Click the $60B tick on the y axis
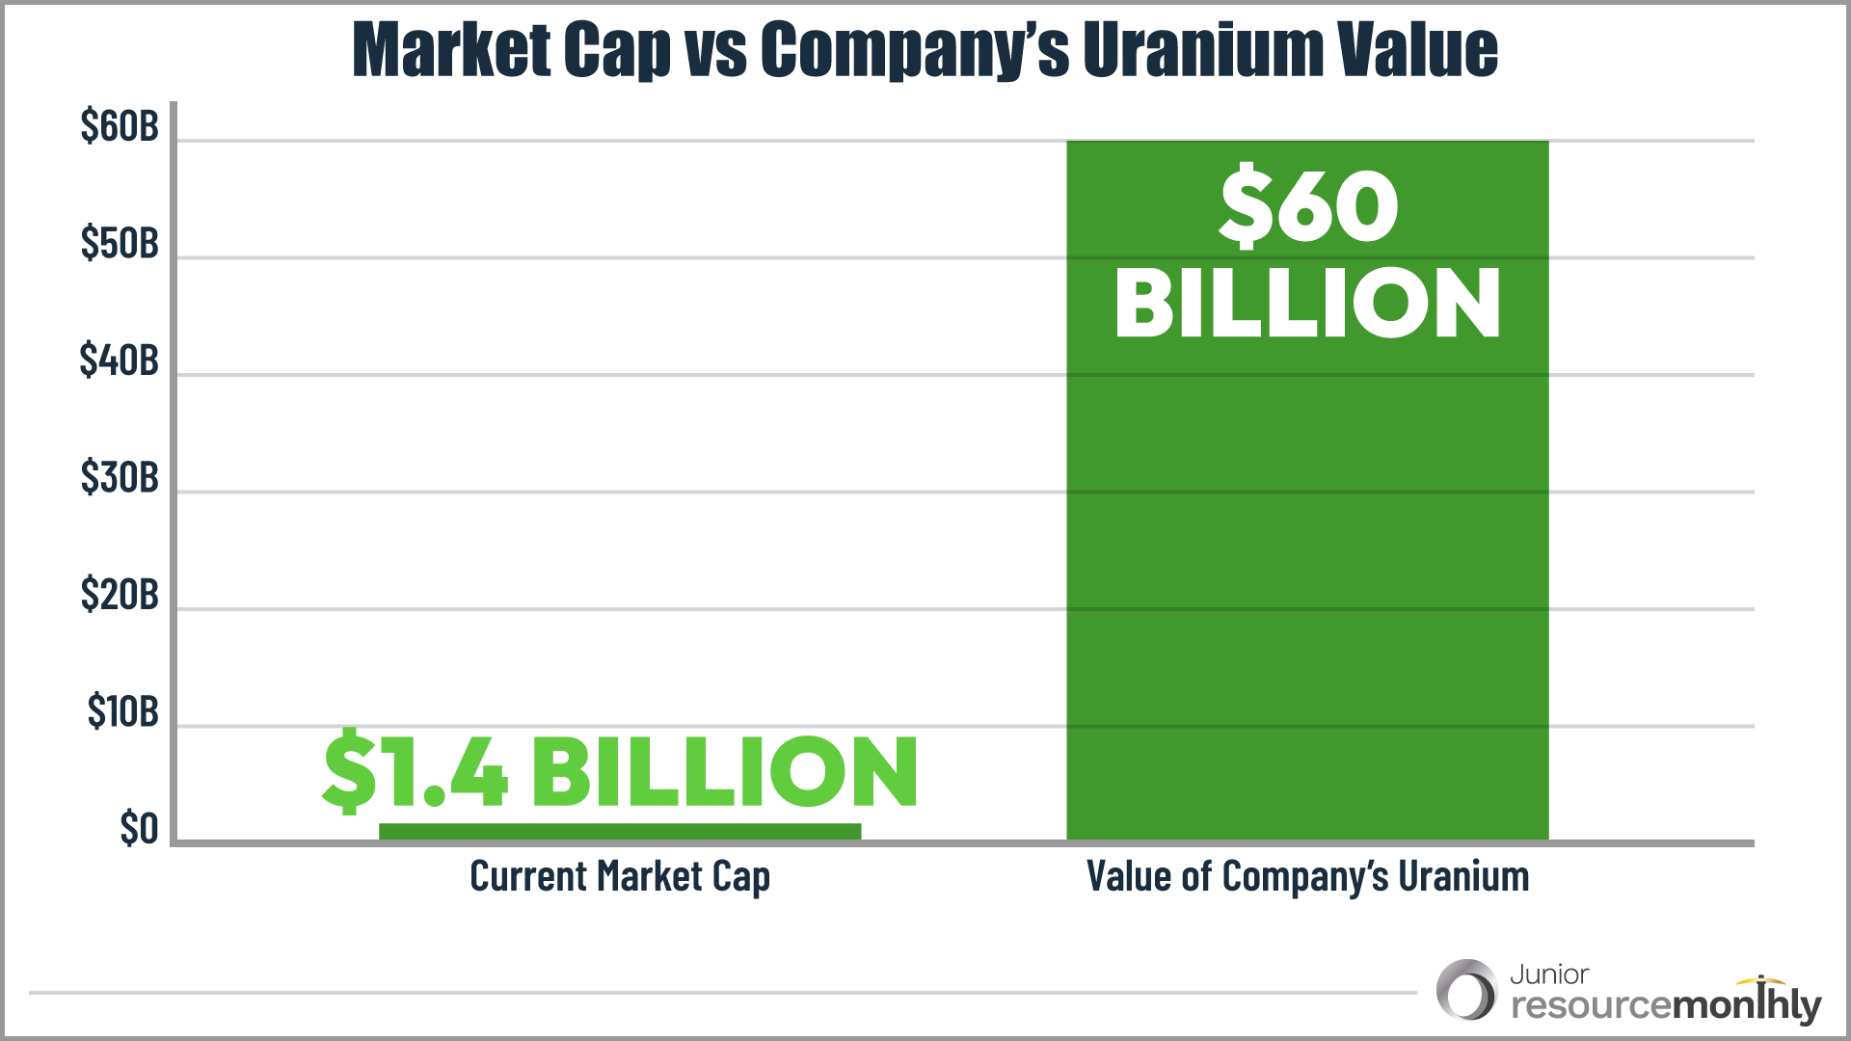tap(120, 126)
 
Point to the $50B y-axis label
tap(120, 243)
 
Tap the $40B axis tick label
tap(120, 360)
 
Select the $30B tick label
tap(120, 477)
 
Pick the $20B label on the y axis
tap(120, 595)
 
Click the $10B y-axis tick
tap(122, 711)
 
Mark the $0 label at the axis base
tap(139, 829)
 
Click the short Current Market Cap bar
tap(620, 832)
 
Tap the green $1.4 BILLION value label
tap(620, 771)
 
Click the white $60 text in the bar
tap(1308, 206)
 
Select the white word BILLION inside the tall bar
tap(1308, 303)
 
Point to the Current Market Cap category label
tap(620, 876)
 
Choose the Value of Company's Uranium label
tap(1307, 876)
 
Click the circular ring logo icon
tap(1465, 990)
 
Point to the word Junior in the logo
tap(1549, 974)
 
